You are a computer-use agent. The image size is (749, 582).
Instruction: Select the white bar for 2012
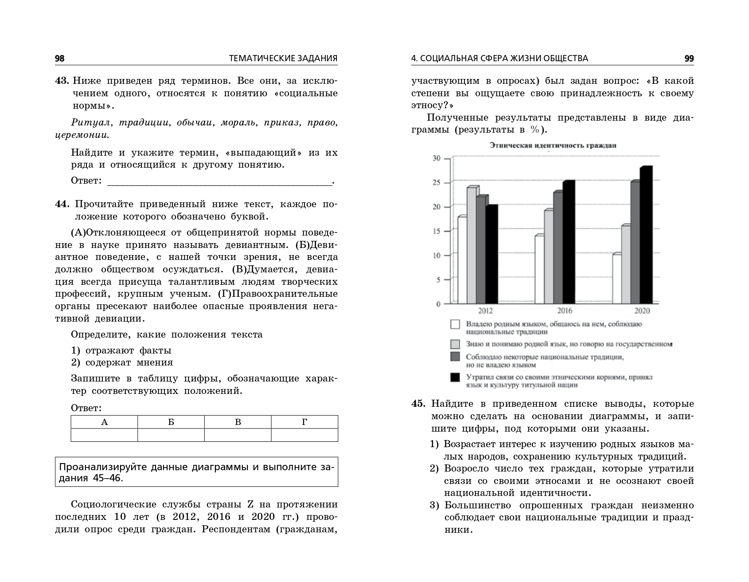[x=462, y=260]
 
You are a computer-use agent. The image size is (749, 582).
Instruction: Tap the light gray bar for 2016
[x=549, y=257]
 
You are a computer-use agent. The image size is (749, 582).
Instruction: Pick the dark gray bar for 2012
[x=481, y=250]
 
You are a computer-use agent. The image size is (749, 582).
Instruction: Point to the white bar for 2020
[x=616, y=279]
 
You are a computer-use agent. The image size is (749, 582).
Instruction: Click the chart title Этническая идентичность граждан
[x=553, y=145]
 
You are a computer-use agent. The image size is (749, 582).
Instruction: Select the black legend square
[x=455, y=378]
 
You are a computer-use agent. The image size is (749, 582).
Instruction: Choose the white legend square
[x=455, y=324]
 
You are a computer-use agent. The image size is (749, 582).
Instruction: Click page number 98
[x=60, y=59]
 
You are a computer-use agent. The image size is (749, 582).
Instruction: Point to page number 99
[x=689, y=59]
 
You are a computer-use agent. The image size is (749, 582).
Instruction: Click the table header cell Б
[x=171, y=422]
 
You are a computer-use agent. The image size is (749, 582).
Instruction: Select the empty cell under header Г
[x=304, y=435]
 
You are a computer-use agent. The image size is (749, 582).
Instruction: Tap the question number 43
[x=62, y=81]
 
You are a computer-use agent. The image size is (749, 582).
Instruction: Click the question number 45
[x=419, y=404]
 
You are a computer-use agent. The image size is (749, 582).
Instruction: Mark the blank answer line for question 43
[x=219, y=181]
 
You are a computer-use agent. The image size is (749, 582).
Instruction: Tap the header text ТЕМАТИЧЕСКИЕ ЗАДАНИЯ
[x=283, y=59]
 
